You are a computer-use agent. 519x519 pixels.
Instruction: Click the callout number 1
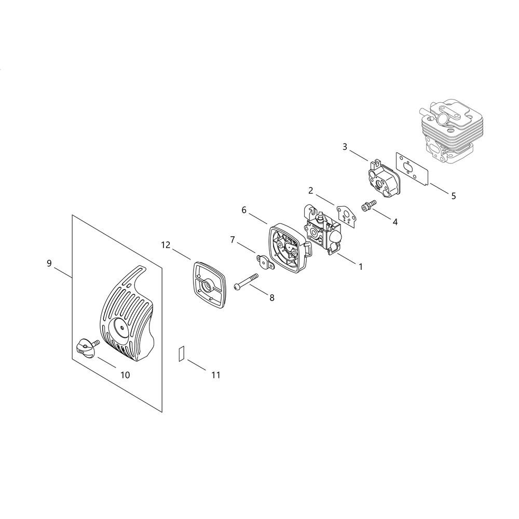pyautogui.click(x=361, y=266)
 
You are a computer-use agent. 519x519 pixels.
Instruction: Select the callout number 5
pyautogui.click(x=454, y=196)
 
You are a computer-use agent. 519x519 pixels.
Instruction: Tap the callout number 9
pyautogui.click(x=49, y=264)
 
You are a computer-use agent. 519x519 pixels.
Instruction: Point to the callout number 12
pyautogui.click(x=166, y=245)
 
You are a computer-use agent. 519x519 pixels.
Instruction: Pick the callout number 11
pyautogui.click(x=216, y=375)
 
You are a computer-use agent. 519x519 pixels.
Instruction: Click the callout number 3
pyautogui.click(x=345, y=147)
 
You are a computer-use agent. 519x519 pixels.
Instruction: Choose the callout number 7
pyautogui.click(x=233, y=240)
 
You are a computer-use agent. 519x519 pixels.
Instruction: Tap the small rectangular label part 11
pyautogui.click(x=181, y=353)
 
